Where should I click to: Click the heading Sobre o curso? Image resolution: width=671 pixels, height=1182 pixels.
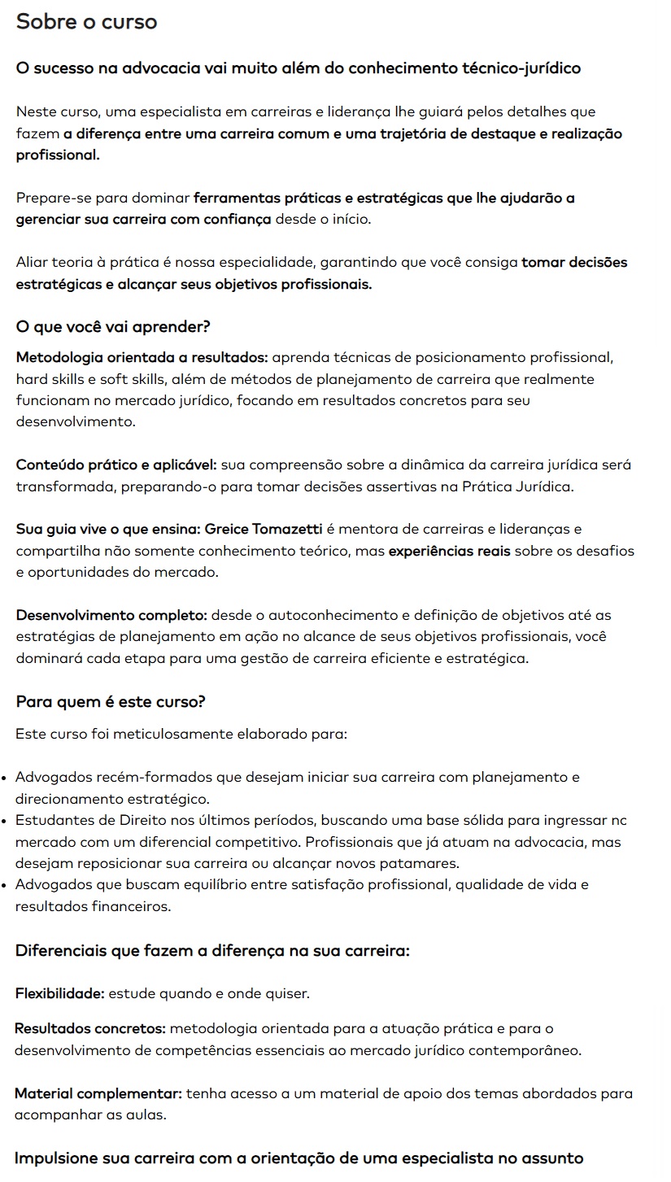tap(86, 22)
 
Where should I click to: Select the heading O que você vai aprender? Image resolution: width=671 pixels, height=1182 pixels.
tap(113, 327)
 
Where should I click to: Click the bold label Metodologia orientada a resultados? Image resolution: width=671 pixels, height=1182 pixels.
tap(142, 358)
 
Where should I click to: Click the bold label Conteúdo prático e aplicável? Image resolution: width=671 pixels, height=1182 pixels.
tap(116, 465)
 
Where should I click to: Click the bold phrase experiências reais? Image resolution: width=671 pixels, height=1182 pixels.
tap(450, 551)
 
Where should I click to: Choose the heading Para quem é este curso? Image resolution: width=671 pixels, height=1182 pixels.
tap(111, 701)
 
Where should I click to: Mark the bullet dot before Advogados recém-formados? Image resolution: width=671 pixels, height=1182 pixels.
tap(6, 778)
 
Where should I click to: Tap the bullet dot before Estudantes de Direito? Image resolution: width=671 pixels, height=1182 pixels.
tap(6, 821)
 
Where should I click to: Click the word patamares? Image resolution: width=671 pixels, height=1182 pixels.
tap(421, 863)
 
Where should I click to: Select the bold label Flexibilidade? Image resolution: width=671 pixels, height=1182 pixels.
tap(60, 993)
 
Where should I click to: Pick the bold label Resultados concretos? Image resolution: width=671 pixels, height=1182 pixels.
tap(90, 1029)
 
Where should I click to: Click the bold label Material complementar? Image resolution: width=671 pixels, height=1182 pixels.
tap(98, 1094)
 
